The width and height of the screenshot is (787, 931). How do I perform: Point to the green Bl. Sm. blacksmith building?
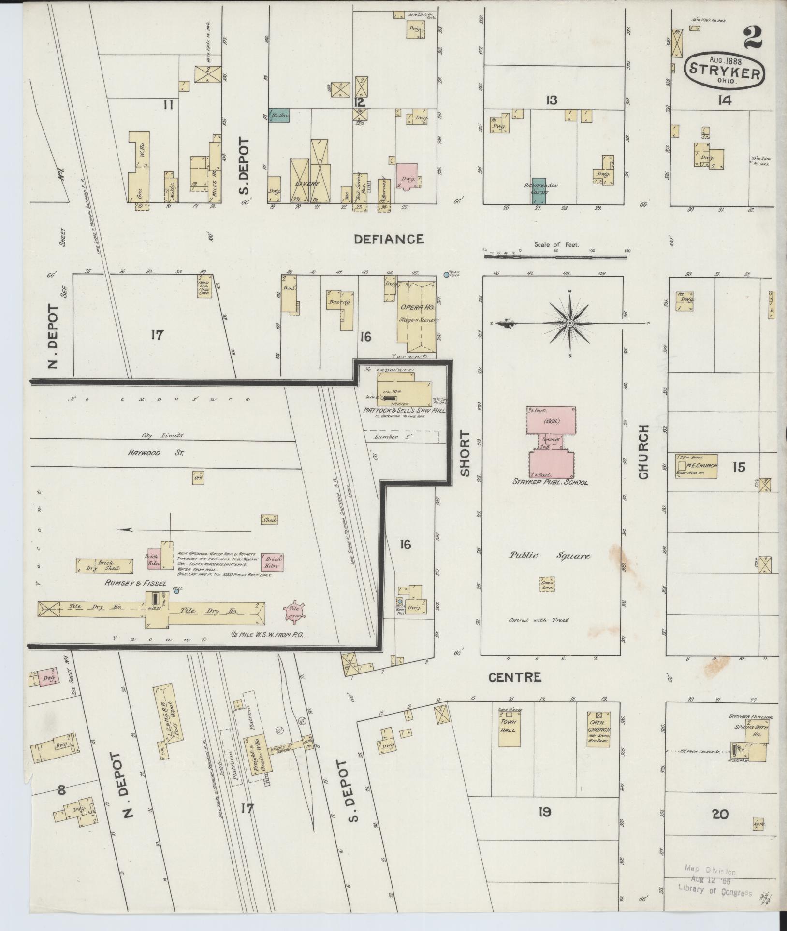pos(279,115)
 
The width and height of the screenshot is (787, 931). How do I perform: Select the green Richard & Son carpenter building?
pos(540,190)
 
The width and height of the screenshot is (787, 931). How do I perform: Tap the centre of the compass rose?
pos(570,323)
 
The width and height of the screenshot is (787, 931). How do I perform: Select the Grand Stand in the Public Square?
pos(547,584)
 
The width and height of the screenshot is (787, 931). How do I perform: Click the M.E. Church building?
pos(696,466)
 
